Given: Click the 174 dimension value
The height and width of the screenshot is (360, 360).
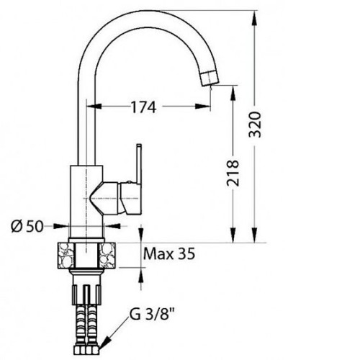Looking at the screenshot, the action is point(143,107).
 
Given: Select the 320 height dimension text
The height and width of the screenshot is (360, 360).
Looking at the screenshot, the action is point(255,125).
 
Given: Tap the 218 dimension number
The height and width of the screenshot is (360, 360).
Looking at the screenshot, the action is point(233,173).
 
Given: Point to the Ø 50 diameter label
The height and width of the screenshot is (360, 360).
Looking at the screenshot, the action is point(27,226).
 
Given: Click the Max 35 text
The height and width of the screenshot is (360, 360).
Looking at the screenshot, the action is point(169,253).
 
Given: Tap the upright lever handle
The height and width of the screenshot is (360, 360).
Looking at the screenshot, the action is point(139,165).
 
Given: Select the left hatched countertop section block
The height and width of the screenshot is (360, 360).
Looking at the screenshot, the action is point(66,255).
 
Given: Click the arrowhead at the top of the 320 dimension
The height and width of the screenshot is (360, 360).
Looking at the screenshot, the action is point(255,17).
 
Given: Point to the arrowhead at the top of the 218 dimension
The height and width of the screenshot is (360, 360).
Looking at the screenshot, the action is point(233,93).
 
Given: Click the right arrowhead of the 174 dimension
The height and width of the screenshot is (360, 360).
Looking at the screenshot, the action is point(203,106).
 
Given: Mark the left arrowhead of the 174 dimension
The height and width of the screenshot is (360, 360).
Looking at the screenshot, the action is point(94,106).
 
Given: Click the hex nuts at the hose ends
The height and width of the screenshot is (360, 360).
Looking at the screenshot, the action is point(86,351).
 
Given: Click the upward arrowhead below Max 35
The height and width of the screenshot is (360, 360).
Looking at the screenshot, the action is point(141,274).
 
